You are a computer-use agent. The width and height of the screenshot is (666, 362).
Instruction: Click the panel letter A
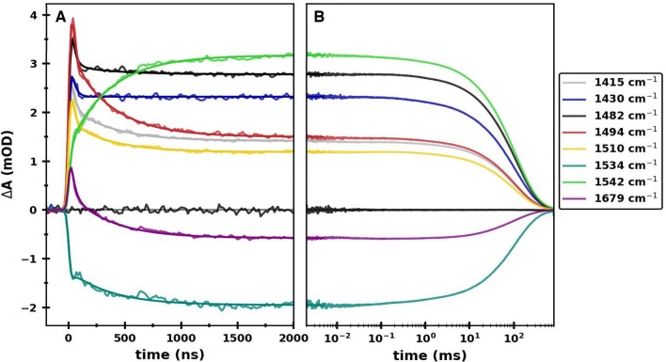pos(60,17)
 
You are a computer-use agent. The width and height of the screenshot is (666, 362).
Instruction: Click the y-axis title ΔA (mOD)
pos(11,165)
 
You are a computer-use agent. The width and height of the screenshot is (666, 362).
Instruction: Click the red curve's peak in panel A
pos(73,19)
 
